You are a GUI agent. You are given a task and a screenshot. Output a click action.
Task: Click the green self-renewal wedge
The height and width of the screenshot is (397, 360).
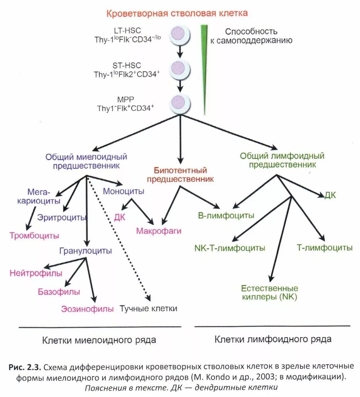(203, 58)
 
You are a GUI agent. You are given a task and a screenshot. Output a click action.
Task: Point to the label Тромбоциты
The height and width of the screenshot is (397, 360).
(34, 235)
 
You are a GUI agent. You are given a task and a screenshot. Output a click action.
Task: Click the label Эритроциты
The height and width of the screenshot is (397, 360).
(61, 217)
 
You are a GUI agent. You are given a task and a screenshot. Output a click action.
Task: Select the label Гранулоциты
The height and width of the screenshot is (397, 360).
(85, 251)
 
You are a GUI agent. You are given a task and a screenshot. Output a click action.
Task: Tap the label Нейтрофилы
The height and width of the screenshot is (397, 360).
(36, 274)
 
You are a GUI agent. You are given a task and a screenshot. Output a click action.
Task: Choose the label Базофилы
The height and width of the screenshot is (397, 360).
(59, 292)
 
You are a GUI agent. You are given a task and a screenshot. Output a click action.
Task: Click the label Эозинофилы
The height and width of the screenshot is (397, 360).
(87, 309)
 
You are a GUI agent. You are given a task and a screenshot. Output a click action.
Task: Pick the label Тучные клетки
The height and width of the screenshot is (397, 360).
(148, 309)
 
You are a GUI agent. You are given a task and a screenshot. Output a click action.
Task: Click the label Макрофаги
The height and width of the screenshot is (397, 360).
(159, 231)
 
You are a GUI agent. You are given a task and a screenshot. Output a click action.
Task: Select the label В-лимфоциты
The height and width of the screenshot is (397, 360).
(226, 215)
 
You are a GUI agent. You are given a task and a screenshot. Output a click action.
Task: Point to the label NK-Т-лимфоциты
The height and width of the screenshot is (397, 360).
(230, 248)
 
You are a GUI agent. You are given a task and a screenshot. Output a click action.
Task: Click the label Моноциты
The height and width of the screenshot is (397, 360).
(123, 191)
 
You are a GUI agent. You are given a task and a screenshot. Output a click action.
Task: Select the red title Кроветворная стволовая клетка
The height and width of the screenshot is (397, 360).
(177, 14)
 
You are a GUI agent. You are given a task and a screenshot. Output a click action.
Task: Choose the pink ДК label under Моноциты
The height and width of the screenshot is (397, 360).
(120, 217)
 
